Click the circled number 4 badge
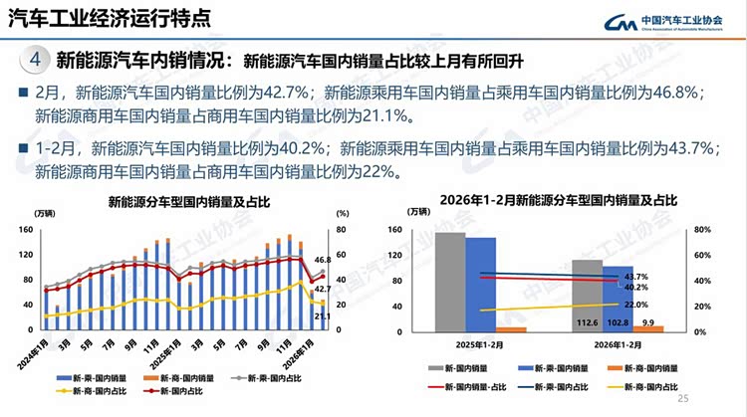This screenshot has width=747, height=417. pyautogui.click(x=36, y=59)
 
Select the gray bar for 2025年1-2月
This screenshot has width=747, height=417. pyautogui.click(x=450, y=282)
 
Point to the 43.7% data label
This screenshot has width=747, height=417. pyautogui.click(x=635, y=277)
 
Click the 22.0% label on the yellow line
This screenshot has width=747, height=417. pyautogui.click(x=635, y=305)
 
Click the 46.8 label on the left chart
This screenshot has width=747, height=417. pyautogui.click(x=323, y=258)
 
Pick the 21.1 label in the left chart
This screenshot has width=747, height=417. pyautogui.click(x=323, y=316)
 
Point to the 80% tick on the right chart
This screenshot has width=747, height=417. pyautogui.click(x=701, y=231)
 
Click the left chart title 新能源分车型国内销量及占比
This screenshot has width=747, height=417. pyautogui.click(x=189, y=203)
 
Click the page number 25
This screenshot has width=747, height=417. pyautogui.click(x=682, y=399)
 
